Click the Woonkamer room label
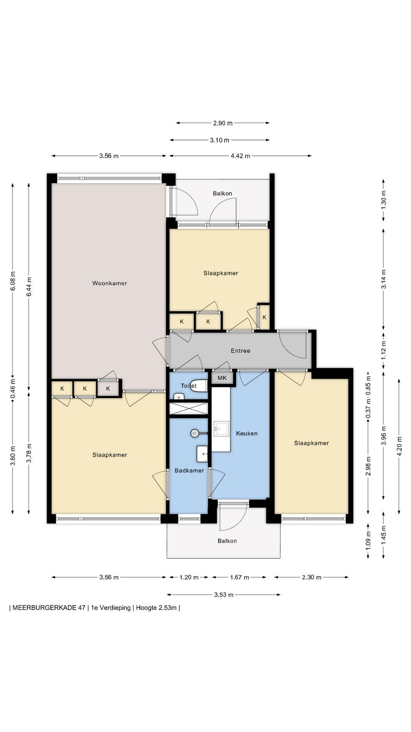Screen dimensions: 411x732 [x=110, y=283]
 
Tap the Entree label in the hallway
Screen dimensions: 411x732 [x=241, y=351]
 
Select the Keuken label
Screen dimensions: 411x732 [x=247, y=433]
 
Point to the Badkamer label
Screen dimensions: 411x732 [x=189, y=470]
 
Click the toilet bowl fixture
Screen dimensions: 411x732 [x=199, y=385]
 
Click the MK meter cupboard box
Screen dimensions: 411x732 [x=222, y=378]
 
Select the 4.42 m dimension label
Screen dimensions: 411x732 [x=241, y=156]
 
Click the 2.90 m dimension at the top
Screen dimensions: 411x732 [x=223, y=123]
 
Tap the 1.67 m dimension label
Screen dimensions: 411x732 [x=239, y=577]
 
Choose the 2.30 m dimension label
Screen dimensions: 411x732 [x=312, y=577]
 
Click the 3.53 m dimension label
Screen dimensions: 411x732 [x=224, y=594]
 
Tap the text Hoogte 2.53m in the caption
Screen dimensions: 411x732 [x=156, y=608]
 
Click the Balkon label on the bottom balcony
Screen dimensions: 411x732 [x=227, y=541]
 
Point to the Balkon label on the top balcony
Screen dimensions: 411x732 [x=222, y=193]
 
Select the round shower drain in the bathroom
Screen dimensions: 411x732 [x=195, y=433]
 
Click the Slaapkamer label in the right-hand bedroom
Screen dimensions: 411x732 [x=311, y=443]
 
